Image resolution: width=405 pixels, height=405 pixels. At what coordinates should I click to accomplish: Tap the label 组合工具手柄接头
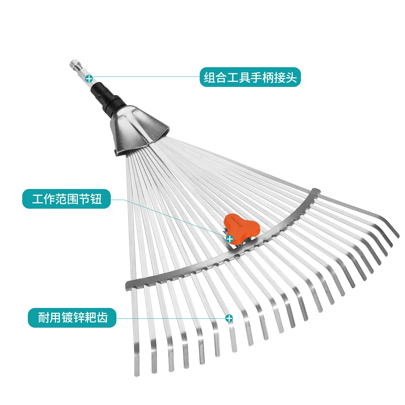coord(250,77)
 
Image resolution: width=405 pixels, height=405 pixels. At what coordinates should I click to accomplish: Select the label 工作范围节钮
coord(66,199)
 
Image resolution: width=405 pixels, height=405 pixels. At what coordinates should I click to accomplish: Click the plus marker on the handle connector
coord(89,78)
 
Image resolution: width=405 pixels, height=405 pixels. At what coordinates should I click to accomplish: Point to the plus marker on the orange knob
coord(230,239)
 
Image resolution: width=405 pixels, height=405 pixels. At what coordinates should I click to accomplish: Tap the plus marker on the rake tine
coord(229,318)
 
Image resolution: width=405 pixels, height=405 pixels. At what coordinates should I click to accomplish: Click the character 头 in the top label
coord(291,77)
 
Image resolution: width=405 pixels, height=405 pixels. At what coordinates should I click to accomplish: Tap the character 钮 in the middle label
coord(96,199)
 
